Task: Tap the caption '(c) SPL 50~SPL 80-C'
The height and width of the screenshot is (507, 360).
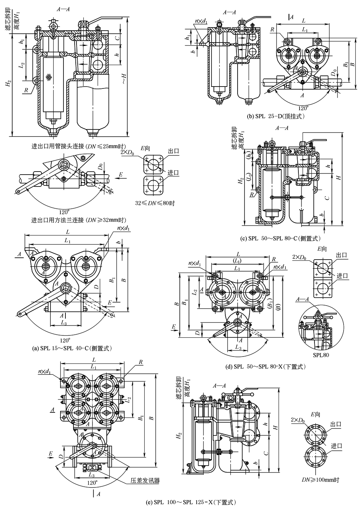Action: (x=280, y=239)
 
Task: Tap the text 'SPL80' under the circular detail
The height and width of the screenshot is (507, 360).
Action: (x=321, y=355)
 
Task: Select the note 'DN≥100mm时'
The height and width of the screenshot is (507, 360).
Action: (x=320, y=479)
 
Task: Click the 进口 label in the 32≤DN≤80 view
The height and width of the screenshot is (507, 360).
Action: (x=173, y=173)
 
